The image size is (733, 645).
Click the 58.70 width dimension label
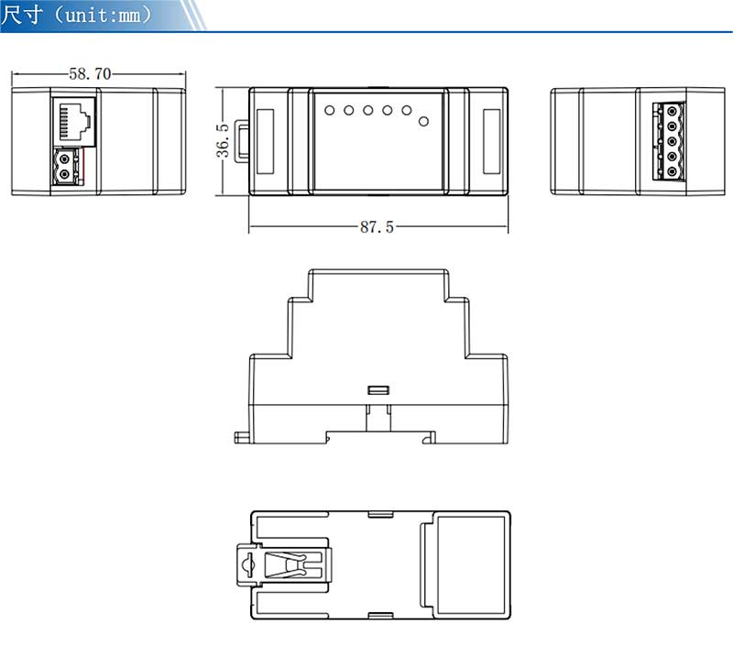point(90,74)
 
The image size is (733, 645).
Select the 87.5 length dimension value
point(377,227)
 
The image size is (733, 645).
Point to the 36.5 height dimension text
point(223,140)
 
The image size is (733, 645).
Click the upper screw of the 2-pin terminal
point(65,159)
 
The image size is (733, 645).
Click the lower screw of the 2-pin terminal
point(65,175)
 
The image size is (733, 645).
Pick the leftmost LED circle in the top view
point(330,110)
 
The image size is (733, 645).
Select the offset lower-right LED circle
point(423,122)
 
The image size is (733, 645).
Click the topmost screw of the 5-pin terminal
point(673,111)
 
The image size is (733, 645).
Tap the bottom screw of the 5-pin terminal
point(673,171)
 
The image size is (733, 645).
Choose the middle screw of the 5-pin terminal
point(673,141)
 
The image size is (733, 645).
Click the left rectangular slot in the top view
point(265,141)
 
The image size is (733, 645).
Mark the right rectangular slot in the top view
point(491,141)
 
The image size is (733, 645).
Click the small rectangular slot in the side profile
point(378,390)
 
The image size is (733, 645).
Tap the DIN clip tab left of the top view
point(241,142)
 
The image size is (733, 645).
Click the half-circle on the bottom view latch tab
point(246,564)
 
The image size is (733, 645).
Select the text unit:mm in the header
point(103,16)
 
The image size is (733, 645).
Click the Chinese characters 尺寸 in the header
point(21,15)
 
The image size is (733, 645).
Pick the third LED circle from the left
point(368,110)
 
